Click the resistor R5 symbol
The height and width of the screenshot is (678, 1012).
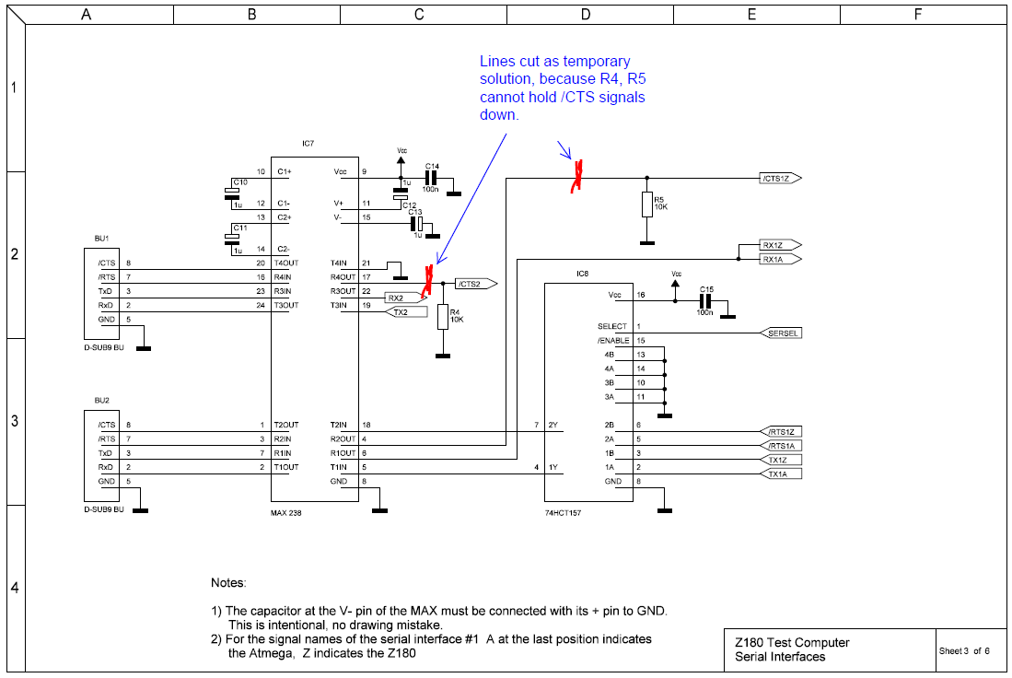[647, 205]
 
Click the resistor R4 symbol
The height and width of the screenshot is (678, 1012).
[443, 316]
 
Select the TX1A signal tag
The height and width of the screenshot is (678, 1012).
[779, 473]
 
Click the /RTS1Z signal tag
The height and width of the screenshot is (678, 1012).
[781, 431]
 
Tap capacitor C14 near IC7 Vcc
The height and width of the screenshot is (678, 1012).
[430, 178]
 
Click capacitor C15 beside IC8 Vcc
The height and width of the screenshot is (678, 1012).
[705, 300]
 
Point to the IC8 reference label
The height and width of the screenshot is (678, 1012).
[582, 274]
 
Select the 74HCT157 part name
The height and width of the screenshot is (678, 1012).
[563, 512]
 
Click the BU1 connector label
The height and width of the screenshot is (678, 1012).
[101, 238]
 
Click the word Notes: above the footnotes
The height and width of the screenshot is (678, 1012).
[228, 583]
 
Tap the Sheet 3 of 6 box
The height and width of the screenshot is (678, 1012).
[963, 650]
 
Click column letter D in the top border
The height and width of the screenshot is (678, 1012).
[587, 15]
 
